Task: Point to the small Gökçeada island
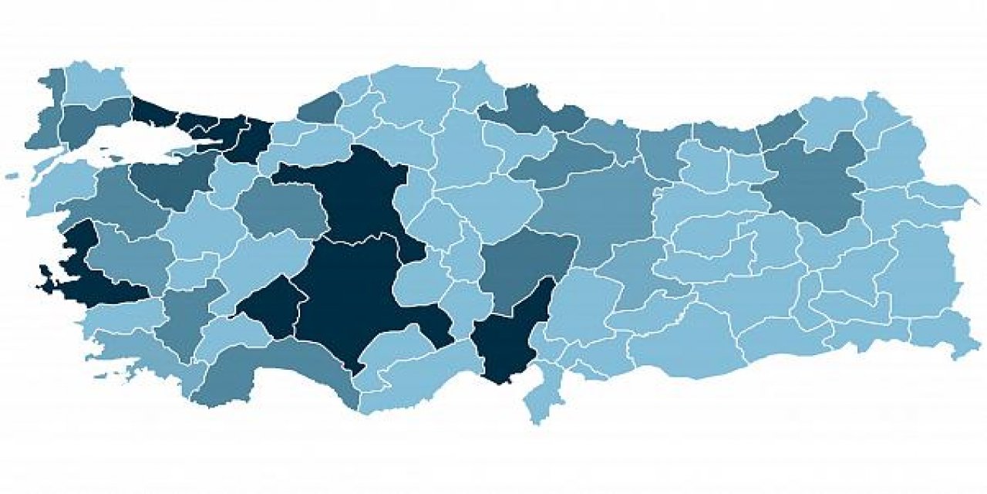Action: click(x=12, y=177)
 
